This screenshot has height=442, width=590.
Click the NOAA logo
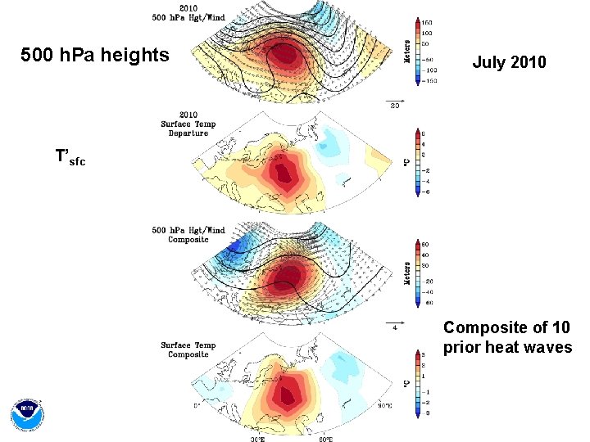click(x=27, y=415)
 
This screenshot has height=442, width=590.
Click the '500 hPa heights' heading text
click(x=94, y=56)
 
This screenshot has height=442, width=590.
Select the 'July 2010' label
click(x=509, y=61)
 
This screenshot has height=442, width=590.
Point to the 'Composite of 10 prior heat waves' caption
click(x=507, y=337)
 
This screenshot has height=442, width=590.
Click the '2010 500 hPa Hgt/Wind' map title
click(x=188, y=13)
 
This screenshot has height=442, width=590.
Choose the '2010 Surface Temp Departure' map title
click(x=188, y=124)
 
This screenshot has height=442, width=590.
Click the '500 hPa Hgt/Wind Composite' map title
click(x=188, y=235)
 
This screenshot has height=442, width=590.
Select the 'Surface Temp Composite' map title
click(x=188, y=350)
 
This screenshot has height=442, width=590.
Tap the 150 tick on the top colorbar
click(x=427, y=22)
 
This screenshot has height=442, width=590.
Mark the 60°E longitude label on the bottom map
click(x=325, y=439)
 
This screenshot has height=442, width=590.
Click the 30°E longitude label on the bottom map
click(x=258, y=439)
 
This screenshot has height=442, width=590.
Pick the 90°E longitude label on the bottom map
click(x=385, y=406)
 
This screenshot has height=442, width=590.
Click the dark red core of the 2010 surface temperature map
click(x=284, y=174)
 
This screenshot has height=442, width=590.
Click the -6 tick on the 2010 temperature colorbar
click(x=424, y=191)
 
